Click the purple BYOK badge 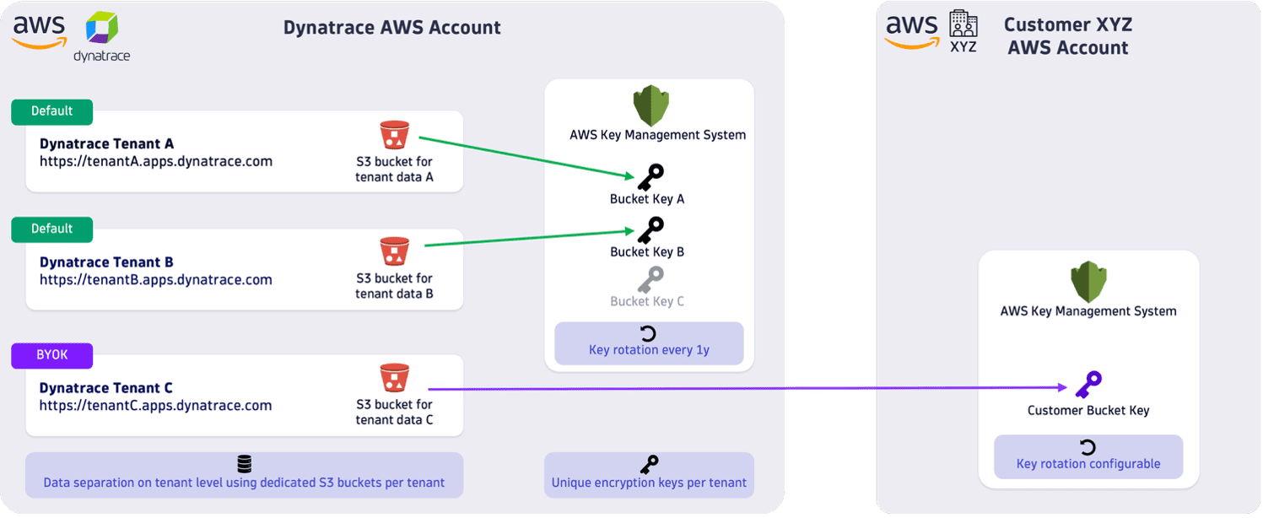[x=51, y=355]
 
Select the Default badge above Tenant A [x=51, y=111]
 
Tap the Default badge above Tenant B [x=51, y=229]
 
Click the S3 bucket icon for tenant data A [x=394, y=136]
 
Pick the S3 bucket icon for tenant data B [x=394, y=251]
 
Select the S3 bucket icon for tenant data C [x=394, y=378]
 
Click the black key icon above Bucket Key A [x=650, y=177]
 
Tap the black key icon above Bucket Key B [x=650, y=229]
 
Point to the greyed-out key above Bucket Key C [x=650, y=279]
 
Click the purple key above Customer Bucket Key [x=1088, y=385]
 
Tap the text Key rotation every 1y [x=648, y=349]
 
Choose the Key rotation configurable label [x=1088, y=463]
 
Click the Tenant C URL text [x=155, y=406]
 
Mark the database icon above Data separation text [x=244, y=464]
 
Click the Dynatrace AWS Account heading [x=391, y=28]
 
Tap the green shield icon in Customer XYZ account [x=1088, y=283]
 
